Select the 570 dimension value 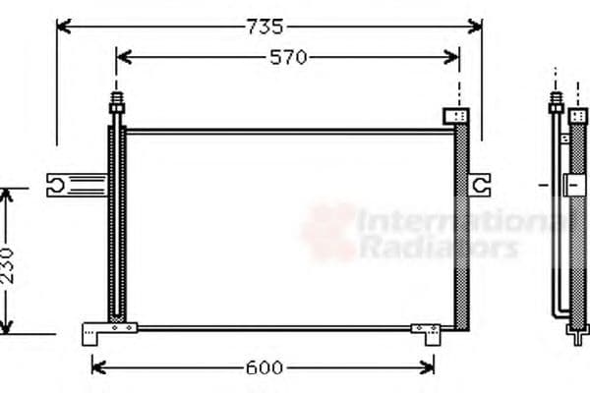click(289, 58)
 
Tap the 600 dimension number click(264, 367)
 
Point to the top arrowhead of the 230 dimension click(8, 194)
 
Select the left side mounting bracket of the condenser click(75, 183)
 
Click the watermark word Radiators click(438, 248)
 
